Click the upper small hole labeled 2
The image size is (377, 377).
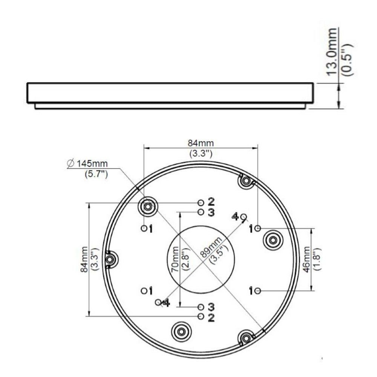(201, 202)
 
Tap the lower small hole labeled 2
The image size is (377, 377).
(201, 316)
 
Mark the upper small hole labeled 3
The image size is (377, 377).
(201, 212)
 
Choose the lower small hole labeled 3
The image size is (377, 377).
(201, 307)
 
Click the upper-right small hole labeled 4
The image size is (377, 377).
(244, 216)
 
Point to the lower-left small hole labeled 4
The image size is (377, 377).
(158, 302)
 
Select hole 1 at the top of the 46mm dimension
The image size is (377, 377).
(257, 228)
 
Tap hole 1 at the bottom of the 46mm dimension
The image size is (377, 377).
(257, 291)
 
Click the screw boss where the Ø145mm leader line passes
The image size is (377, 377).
(148, 206)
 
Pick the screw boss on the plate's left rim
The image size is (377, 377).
(110, 259)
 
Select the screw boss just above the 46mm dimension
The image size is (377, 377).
(273, 240)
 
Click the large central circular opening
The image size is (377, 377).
(201, 259)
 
